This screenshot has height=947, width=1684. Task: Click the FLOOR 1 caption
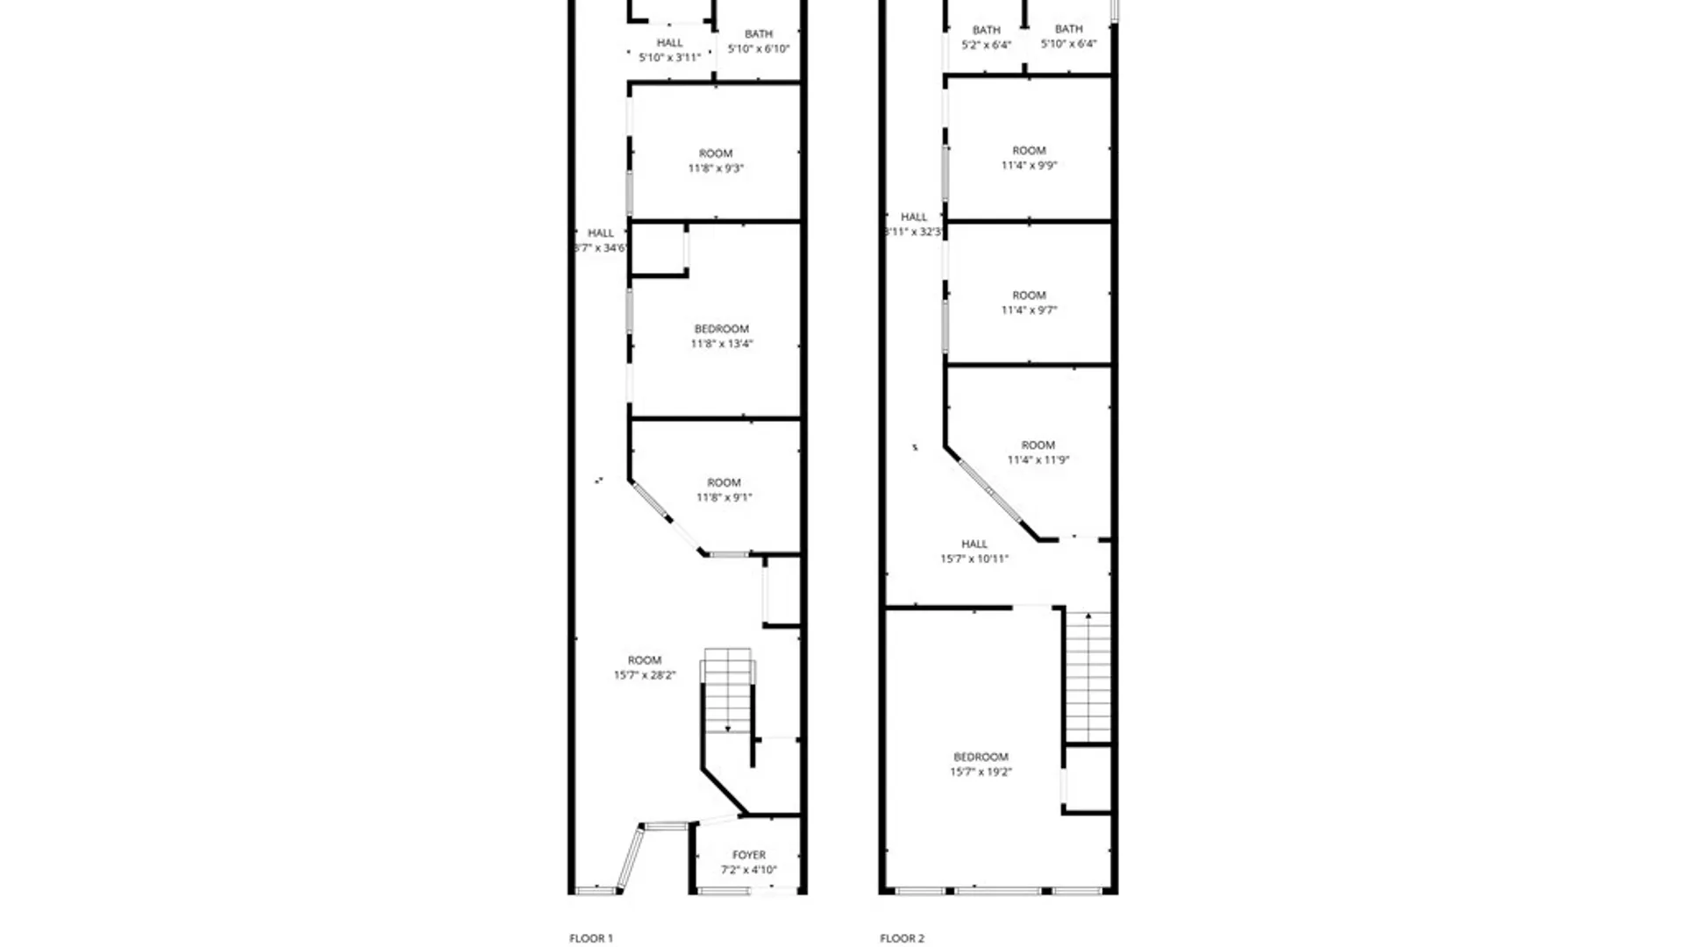[x=591, y=938]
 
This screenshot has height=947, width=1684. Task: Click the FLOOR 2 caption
[x=902, y=938]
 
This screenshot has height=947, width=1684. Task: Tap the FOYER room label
[x=749, y=855]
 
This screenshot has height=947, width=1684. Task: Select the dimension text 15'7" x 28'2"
[x=645, y=675]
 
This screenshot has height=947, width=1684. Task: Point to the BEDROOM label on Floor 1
[x=722, y=329]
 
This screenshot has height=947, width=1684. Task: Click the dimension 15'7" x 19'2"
[x=981, y=772]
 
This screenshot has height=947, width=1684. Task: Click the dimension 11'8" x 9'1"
[x=724, y=497]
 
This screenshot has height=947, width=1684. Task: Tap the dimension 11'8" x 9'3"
[x=716, y=168]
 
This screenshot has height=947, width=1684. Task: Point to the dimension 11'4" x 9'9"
[x=1029, y=166]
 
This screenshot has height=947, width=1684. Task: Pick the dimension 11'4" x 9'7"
[x=1029, y=310]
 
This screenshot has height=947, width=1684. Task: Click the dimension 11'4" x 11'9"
[x=1038, y=459]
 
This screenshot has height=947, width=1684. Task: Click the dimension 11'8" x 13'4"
[x=722, y=344]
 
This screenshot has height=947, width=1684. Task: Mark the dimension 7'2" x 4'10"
[x=749, y=870]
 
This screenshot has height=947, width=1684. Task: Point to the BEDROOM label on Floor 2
[x=981, y=757]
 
